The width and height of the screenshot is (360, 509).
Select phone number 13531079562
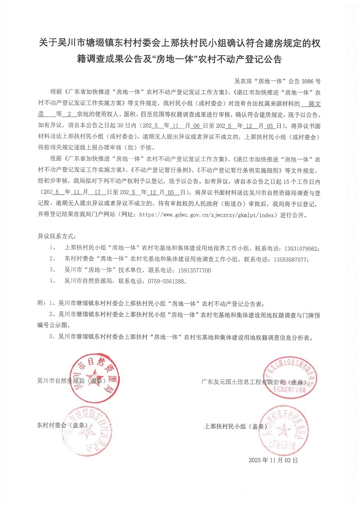tap(300, 248)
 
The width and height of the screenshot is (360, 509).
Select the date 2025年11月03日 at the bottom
tap(273, 461)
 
